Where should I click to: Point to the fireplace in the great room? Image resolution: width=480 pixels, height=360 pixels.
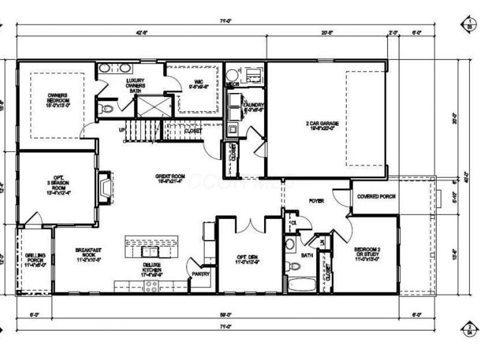coord(105,185)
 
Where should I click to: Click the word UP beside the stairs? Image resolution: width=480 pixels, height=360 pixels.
coord(122,130)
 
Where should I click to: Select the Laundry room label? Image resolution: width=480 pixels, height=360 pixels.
coord(253,107)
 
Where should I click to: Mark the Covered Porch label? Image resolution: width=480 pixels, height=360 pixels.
coord(376,197)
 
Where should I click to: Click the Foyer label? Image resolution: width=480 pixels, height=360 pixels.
coord(316,201)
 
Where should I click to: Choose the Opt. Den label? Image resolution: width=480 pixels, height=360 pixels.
coord(248,259)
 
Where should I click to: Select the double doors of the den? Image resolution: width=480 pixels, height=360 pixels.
coord(250,225)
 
